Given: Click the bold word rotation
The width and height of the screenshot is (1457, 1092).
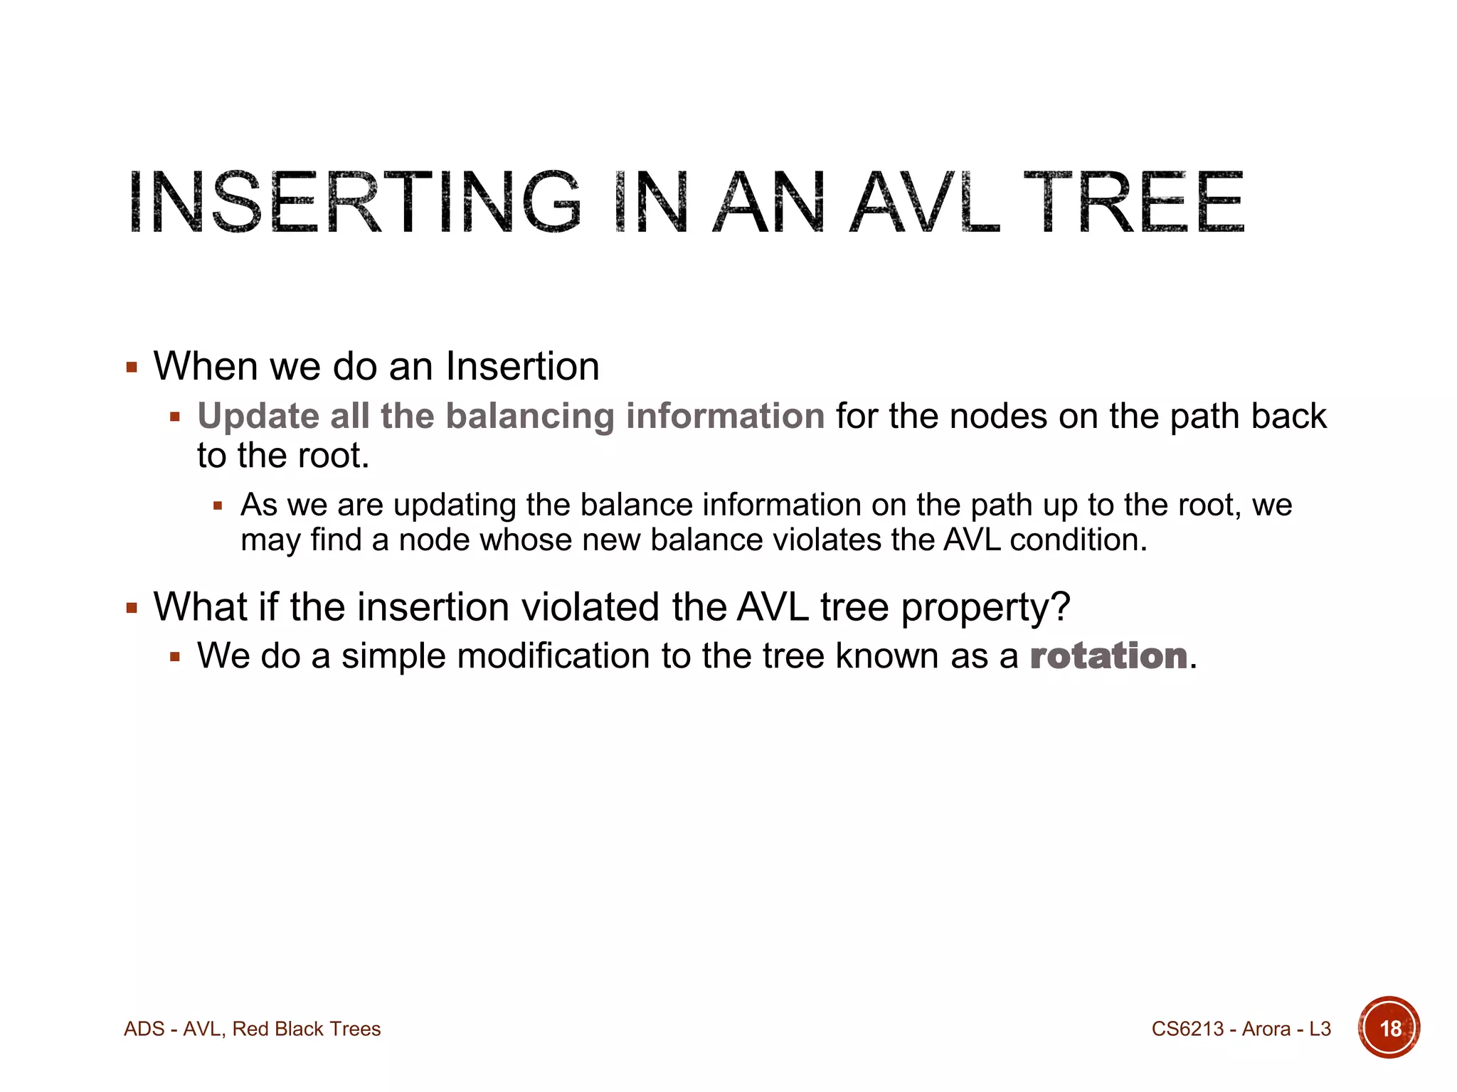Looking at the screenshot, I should coord(1108,655).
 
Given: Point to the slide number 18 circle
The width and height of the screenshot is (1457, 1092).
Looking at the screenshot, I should coord(1389,1028).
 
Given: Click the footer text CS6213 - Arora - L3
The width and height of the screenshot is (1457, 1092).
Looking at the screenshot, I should coord(1241,1029).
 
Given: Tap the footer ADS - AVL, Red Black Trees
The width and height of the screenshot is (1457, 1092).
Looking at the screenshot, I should coord(252,1029).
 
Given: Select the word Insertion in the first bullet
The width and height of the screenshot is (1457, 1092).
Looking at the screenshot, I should coord(522,367).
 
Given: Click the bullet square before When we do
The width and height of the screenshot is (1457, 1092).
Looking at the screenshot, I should coord(132,368).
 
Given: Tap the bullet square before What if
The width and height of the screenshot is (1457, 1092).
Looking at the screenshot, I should coord(132,609).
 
